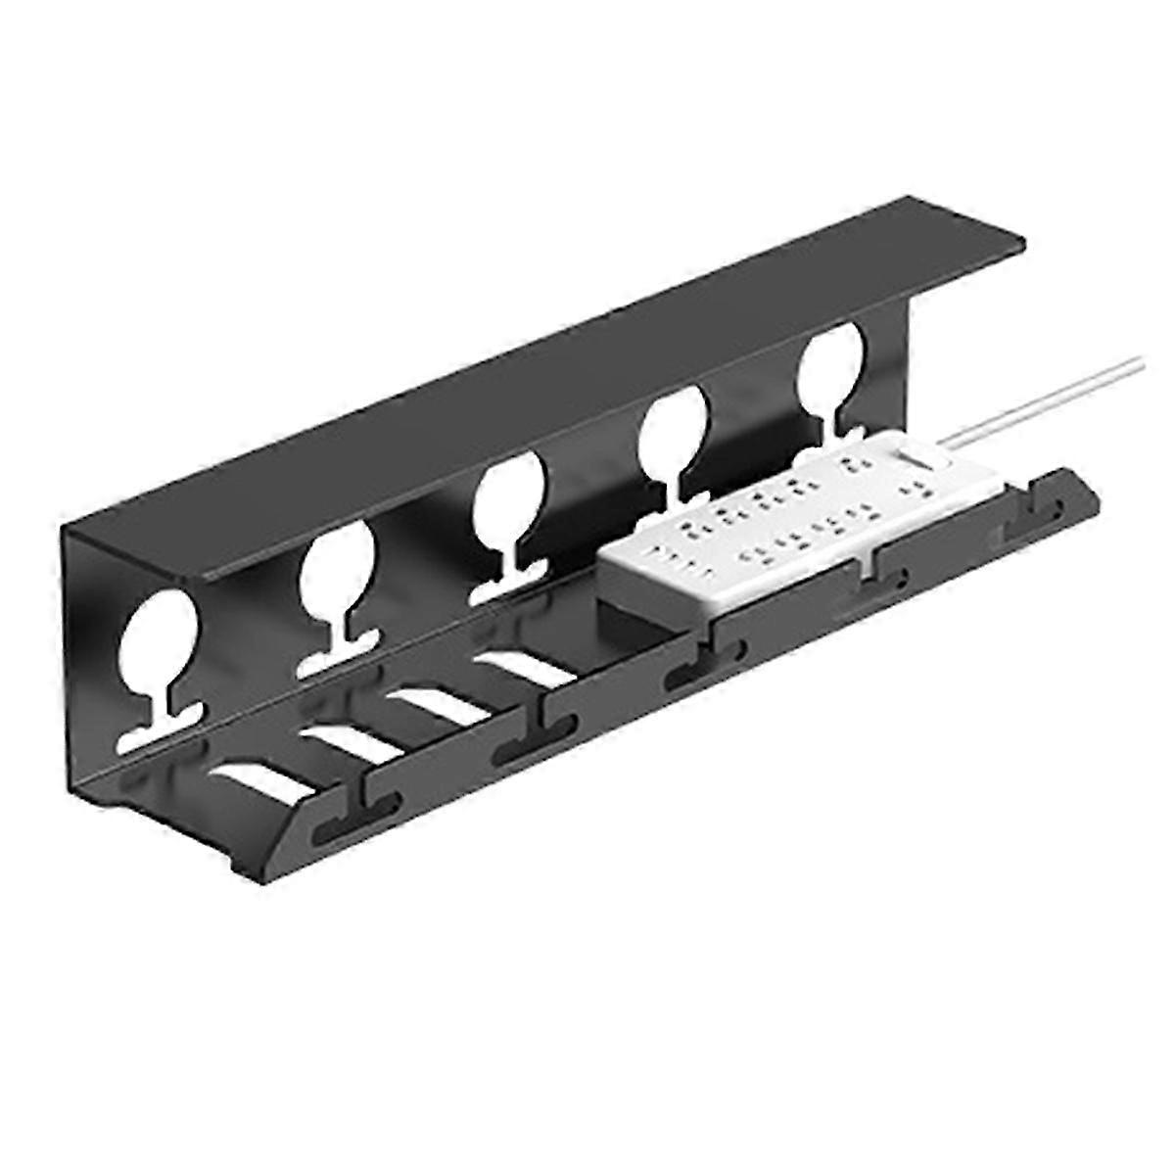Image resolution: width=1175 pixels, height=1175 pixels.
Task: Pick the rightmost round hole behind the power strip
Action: [x=831, y=365]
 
